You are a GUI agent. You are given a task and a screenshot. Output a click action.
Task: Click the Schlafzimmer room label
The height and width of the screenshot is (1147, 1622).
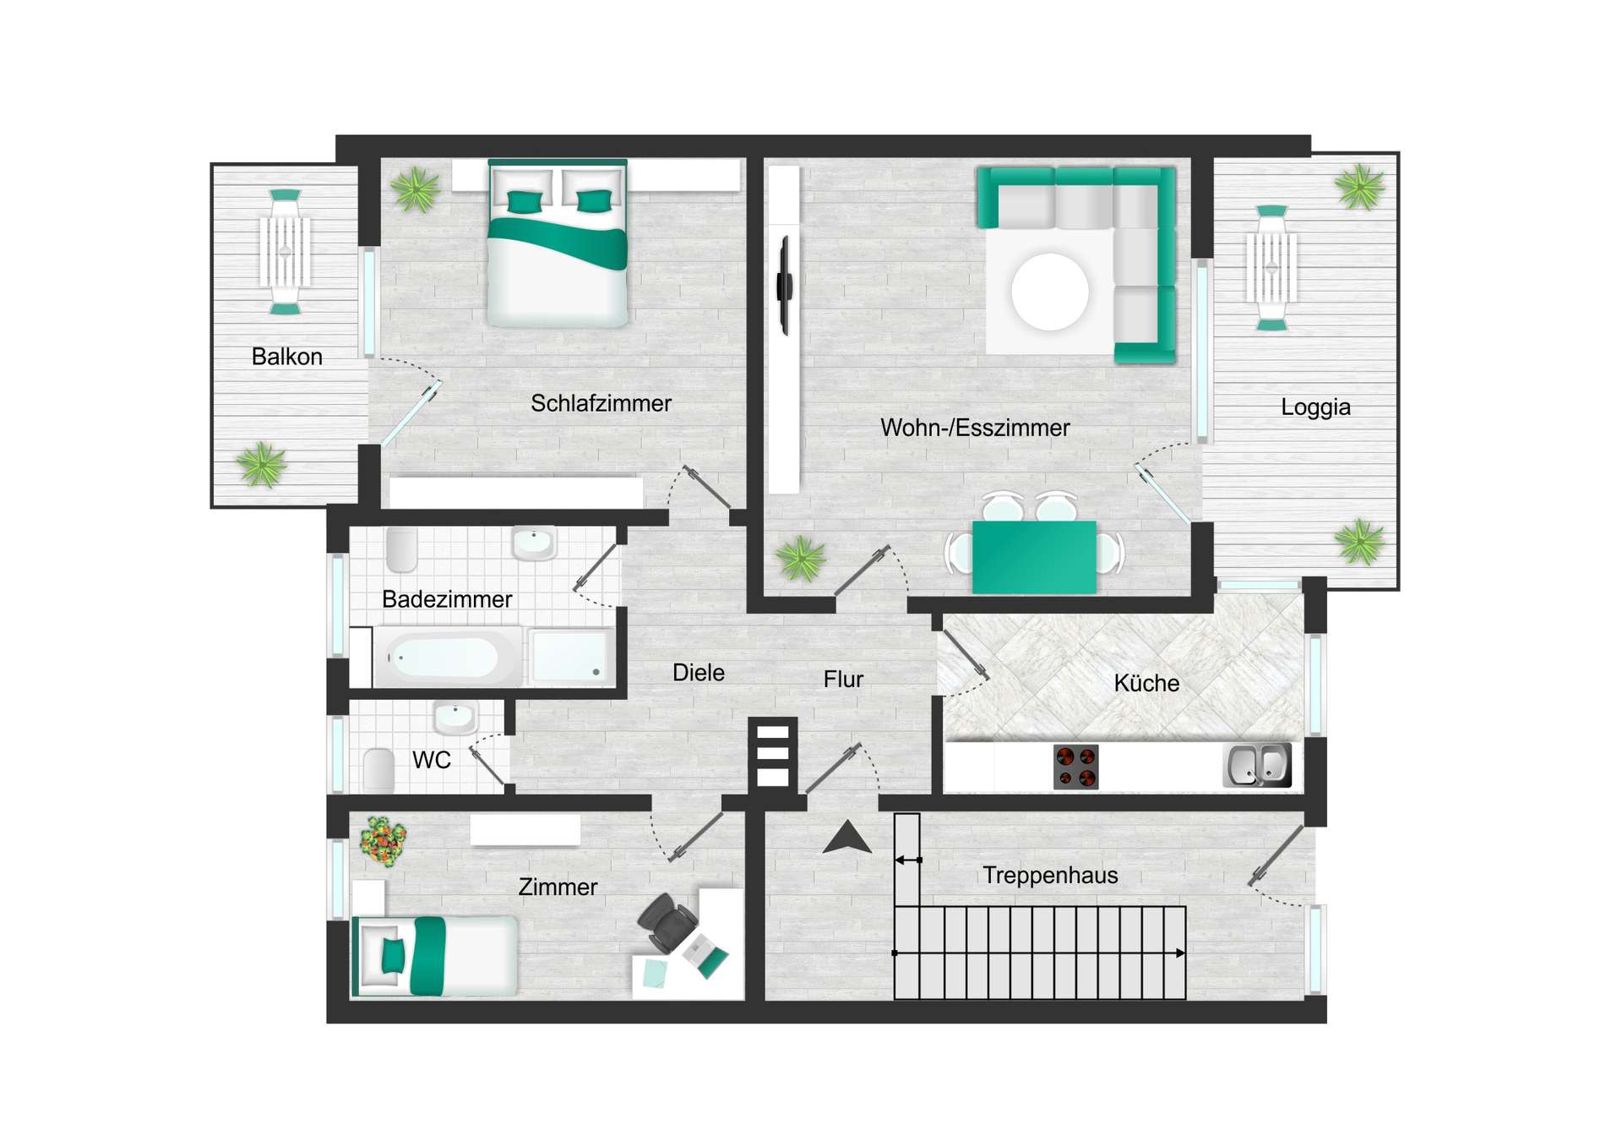601,403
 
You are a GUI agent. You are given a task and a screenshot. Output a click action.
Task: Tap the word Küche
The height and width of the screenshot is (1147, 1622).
1146,683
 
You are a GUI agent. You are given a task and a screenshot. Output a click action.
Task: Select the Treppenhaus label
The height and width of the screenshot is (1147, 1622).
1050,876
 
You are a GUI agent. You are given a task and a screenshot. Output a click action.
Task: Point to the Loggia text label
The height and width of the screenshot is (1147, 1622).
1315,407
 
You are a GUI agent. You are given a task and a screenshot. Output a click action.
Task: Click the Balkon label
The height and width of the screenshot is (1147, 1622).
287,357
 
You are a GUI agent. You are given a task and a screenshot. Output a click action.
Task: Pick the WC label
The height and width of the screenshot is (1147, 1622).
431,760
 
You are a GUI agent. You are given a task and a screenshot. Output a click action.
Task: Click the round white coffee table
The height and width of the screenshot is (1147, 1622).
1050,292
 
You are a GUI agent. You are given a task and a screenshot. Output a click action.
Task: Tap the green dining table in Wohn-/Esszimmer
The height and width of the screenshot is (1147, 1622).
1034,557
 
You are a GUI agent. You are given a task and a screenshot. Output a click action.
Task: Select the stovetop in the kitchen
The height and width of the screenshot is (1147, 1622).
1076,767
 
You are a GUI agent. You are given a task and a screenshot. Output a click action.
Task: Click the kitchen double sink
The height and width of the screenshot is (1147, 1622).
1258,765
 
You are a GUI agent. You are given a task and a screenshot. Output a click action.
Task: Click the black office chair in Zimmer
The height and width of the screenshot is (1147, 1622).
667,921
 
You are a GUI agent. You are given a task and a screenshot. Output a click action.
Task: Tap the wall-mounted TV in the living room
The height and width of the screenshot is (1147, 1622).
785,286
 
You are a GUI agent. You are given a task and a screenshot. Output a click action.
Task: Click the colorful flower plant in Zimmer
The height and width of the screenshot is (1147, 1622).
383,841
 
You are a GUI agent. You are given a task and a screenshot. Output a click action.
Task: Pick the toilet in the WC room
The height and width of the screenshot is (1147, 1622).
378,769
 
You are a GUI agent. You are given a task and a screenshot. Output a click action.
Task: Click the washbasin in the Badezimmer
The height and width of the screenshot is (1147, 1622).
534,543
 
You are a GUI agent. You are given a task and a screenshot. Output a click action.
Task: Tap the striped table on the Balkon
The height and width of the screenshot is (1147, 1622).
285,251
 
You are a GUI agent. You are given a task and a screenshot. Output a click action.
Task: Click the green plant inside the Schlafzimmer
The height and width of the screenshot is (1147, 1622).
416,189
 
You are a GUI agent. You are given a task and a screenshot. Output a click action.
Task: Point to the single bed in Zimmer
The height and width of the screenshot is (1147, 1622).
435,956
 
